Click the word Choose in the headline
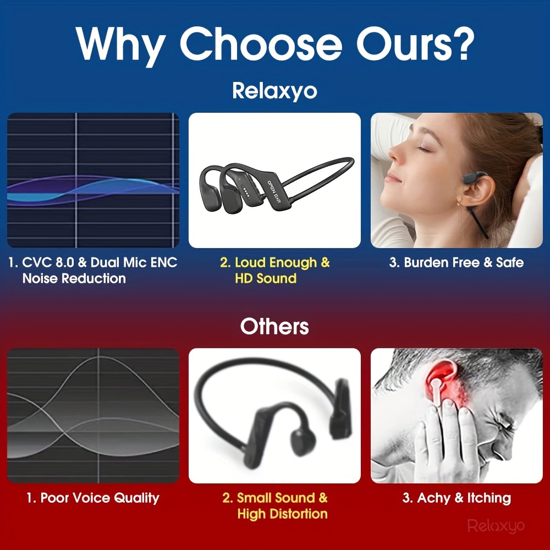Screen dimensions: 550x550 tap(261, 44)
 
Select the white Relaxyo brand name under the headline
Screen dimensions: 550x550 tap(274, 91)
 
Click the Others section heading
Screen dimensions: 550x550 tap(274, 326)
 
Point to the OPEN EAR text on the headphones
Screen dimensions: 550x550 tap(274, 191)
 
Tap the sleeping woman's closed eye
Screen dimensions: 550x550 tap(424, 150)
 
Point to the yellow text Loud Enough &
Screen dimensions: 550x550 tap(275, 263)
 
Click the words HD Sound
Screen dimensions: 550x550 tap(266, 278)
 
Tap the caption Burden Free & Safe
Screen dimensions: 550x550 tap(457, 262)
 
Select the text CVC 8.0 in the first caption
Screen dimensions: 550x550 tap(48, 262)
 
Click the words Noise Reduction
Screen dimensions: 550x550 tap(74, 278)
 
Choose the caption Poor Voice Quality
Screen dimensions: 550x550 tap(93, 498)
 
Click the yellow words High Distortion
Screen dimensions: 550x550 tap(282, 514)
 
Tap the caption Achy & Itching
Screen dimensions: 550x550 tap(457, 498)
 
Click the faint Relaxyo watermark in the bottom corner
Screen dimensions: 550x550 tap(496, 526)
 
